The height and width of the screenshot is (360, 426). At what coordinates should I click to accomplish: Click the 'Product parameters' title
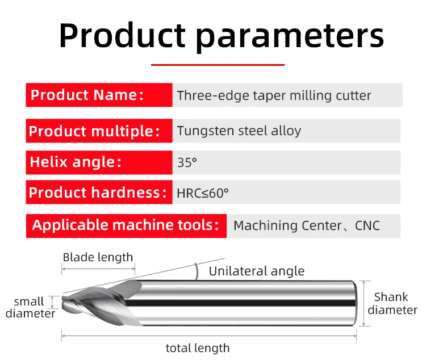tap(222, 36)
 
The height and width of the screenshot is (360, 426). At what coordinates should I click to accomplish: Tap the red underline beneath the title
tap(218, 65)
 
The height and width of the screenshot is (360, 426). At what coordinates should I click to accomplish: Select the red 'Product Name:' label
tap(99, 95)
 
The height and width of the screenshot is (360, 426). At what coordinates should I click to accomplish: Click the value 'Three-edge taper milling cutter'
tap(274, 95)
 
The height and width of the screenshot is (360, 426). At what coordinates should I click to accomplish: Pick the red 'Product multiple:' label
tap(99, 131)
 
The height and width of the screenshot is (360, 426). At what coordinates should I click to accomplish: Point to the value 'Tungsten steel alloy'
tap(239, 131)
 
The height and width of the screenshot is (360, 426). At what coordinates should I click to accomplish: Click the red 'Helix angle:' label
tap(99, 162)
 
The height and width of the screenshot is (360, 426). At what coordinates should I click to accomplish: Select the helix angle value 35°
tap(187, 162)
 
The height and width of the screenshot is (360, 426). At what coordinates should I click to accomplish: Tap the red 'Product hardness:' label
tap(99, 192)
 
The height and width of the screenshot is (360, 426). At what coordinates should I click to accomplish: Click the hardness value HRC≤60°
tap(203, 194)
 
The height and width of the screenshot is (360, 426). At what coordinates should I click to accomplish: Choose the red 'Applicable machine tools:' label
tap(126, 226)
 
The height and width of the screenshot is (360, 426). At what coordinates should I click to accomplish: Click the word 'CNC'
tap(367, 225)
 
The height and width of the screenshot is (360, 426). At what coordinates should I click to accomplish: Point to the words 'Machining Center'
tap(288, 226)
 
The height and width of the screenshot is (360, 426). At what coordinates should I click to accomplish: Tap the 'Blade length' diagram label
tap(98, 257)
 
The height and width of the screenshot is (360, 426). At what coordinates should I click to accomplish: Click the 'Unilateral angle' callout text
tap(257, 271)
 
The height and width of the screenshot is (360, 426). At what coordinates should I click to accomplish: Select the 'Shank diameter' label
tap(392, 303)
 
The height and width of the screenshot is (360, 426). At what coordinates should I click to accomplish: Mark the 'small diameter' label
tap(30, 307)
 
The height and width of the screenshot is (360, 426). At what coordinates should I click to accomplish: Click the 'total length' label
tap(198, 348)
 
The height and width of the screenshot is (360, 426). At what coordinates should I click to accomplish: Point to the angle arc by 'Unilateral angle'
tap(197, 271)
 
